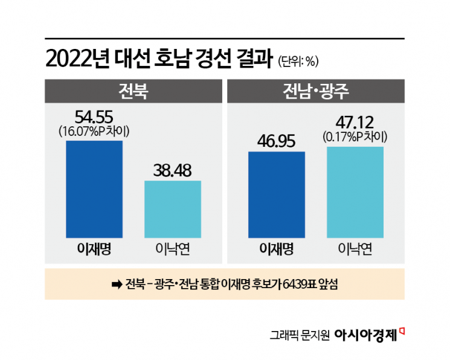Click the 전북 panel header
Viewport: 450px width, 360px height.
(x=133, y=92)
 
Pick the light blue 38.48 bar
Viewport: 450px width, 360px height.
(x=173, y=209)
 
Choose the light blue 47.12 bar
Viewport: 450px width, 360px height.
(x=355, y=192)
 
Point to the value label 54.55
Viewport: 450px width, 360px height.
(x=94, y=117)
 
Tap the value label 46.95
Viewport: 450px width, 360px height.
(x=277, y=141)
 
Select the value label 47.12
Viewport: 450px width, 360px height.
(x=355, y=123)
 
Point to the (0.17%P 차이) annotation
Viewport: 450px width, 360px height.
(x=355, y=137)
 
